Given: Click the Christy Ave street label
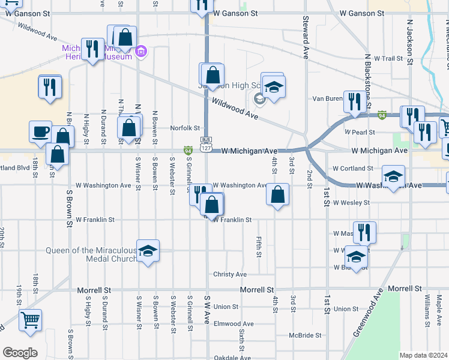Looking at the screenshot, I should point(230,274).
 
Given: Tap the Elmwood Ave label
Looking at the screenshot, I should point(234,323).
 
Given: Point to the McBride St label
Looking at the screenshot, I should point(305,335).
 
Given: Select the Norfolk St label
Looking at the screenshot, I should point(184,128).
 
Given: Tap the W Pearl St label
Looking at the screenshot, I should point(360,131).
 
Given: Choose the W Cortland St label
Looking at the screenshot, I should point(353,169).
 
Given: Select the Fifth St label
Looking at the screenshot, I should point(259,246).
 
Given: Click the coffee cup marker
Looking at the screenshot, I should point(41,131).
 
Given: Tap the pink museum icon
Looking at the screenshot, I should point(141,52).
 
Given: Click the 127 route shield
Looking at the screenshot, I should point(205,148).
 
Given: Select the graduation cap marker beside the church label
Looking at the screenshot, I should point(148,251).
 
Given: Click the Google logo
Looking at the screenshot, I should point(20,353).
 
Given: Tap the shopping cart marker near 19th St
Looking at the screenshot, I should point(30,320).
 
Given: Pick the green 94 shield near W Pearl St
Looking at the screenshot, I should point(382,114).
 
